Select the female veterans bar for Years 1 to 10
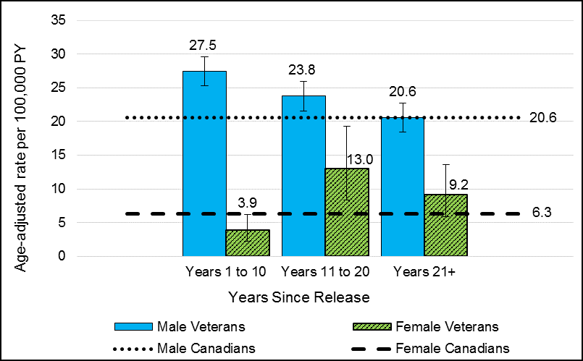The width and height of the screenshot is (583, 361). [x=248, y=243]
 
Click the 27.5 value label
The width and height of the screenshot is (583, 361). [x=205, y=45]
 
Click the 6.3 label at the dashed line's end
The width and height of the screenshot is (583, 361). [x=542, y=214]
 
